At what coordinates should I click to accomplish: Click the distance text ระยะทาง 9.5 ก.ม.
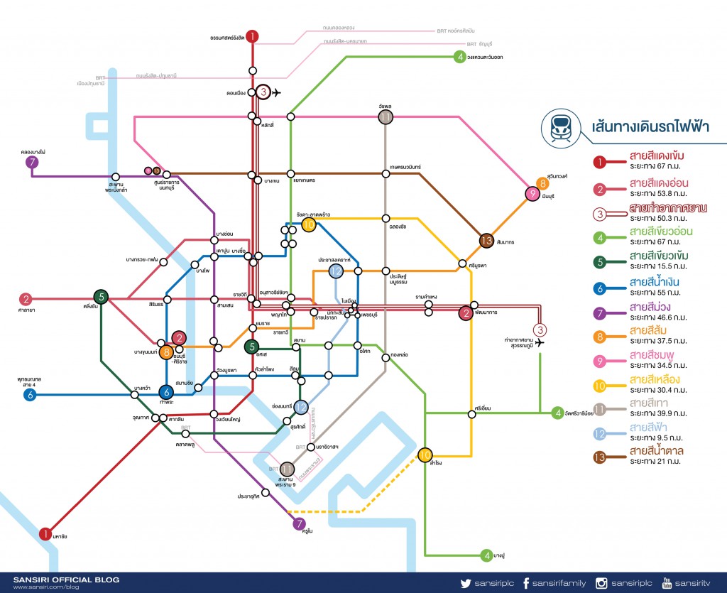point(659,438)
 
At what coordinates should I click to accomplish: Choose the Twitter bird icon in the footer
point(466,583)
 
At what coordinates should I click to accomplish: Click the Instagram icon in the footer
point(601,583)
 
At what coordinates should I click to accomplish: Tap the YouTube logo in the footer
point(667,583)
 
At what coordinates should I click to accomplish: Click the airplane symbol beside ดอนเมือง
point(277,92)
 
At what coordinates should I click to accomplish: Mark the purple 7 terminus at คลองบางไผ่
point(31,163)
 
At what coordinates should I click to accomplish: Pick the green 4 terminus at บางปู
point(486,555)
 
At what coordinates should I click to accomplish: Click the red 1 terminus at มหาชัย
point(45,533)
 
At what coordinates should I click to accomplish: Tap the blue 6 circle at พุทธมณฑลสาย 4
point(30,395)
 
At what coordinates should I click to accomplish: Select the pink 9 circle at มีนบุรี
point(532,194)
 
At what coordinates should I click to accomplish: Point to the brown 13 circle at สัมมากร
point(486,241)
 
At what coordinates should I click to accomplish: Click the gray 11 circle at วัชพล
point(386,117)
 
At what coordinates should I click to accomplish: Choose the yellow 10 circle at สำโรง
point(425,455)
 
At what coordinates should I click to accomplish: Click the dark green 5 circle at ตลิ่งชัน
point(102,297)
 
